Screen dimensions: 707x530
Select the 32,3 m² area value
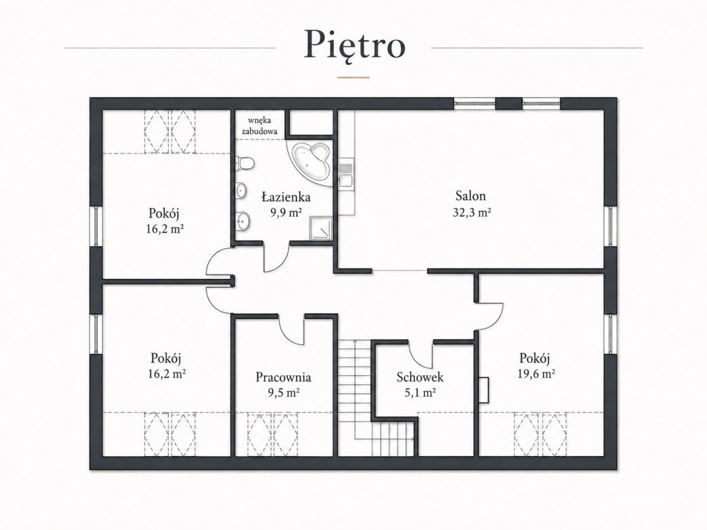pyautogui.click(x=472, y=213)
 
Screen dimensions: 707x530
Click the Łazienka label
pyautogui.click(x=286, y=197)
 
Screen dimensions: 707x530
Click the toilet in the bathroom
pyautogui.click(x=245, y=164)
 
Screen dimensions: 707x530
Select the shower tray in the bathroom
pyautogui.click(x=321, y=228)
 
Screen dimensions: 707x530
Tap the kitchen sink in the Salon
pyautogui.click(x=346, y=175)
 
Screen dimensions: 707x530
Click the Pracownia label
pyautogui.click(x=283, y=377)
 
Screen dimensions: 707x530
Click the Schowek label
pyautogui.click(x=420, y=377)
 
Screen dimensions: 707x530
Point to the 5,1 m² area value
pyautogui.click(x=420, y=393)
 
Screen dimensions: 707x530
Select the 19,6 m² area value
pyautogui.click(x=536, y=373)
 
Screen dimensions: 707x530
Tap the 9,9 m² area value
pyautogui.click(x=286, y=213)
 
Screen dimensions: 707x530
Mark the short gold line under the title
pyautogui.click(x=353, y=77)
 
